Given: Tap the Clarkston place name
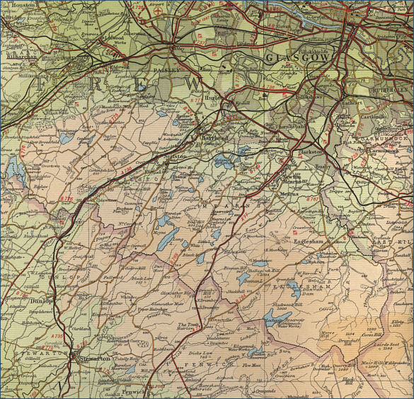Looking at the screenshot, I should (310, 152).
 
